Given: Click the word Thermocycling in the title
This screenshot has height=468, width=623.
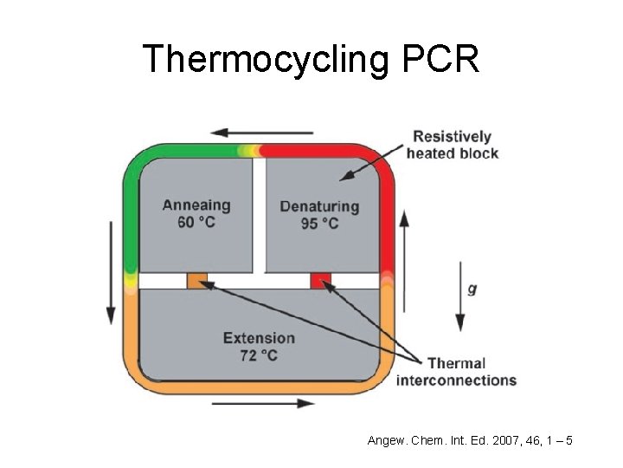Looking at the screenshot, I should [x=254, y=59].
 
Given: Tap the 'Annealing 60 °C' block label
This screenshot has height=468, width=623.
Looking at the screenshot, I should [x=197, y=213].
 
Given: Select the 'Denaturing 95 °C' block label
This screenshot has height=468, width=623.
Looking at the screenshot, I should [x=319, y=214].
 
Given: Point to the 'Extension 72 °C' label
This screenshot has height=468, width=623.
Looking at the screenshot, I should [x=259, y=347].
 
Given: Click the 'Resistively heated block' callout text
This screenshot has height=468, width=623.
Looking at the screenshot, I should [x=453, y=145].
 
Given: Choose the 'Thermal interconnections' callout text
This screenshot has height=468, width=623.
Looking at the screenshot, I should [x=456, y=371].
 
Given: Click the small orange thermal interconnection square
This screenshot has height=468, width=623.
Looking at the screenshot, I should [x=197, y=281].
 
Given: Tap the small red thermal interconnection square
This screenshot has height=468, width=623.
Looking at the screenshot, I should [x=321, y=281].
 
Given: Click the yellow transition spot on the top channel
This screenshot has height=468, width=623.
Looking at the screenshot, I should [x=248, y=151].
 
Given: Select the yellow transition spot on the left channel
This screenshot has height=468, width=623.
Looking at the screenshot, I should [x=131, y=279].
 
